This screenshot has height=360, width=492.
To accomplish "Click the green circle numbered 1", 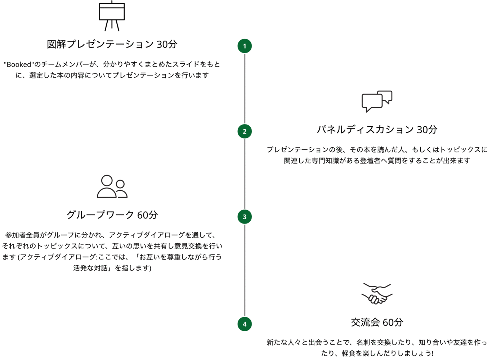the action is pos(245,46).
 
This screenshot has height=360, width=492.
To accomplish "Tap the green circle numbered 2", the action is pos(245,131).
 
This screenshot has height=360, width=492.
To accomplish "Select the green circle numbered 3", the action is pos(245,217).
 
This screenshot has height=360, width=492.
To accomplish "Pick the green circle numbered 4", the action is pos(245,324).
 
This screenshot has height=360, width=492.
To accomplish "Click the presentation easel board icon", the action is pos(112,16).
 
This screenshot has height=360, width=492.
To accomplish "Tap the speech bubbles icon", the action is pos(377,102).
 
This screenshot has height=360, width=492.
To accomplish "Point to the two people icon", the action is pos(112,186).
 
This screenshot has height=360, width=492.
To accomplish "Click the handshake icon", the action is pos(377,294).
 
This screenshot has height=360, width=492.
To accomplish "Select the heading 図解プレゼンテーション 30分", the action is pos(112,44).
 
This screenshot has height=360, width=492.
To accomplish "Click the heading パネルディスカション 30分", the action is pos(377,130).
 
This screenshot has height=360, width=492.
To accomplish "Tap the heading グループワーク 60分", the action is pos(112,215).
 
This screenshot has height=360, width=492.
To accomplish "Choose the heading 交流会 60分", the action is pos(377,322).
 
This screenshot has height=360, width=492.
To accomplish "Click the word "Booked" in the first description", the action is pos(19,64).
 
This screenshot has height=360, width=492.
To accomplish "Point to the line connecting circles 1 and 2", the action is pos(245,89).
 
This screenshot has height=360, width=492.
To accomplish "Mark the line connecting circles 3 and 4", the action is pos(245,270).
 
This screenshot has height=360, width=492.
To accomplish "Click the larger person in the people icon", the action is pos(107,186).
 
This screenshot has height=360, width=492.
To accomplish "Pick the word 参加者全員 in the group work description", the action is pos(22,235).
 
